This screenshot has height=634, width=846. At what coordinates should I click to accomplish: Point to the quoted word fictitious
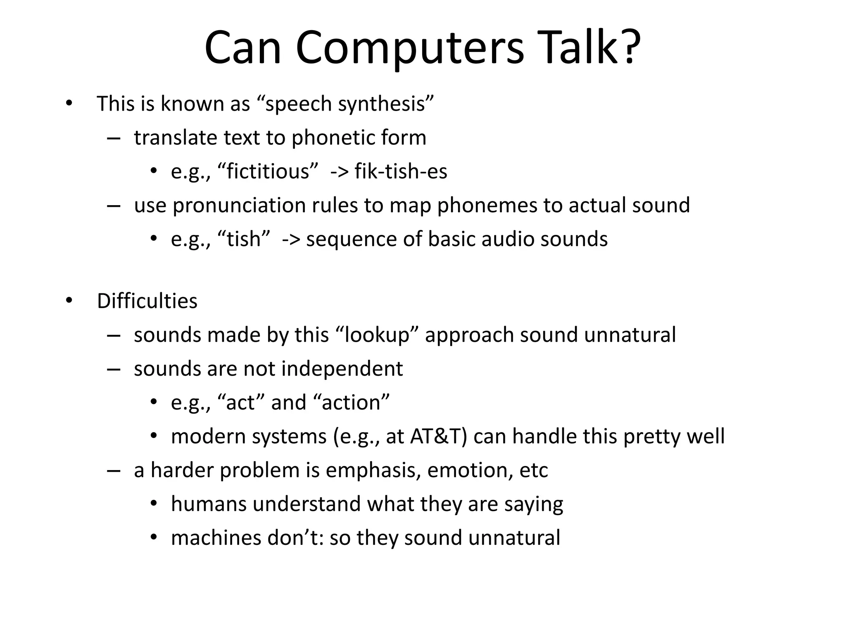268,171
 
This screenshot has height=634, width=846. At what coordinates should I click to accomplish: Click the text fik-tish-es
401,171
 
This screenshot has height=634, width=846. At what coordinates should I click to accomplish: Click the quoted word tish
243,239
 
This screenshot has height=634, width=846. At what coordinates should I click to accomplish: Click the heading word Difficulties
147,301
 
